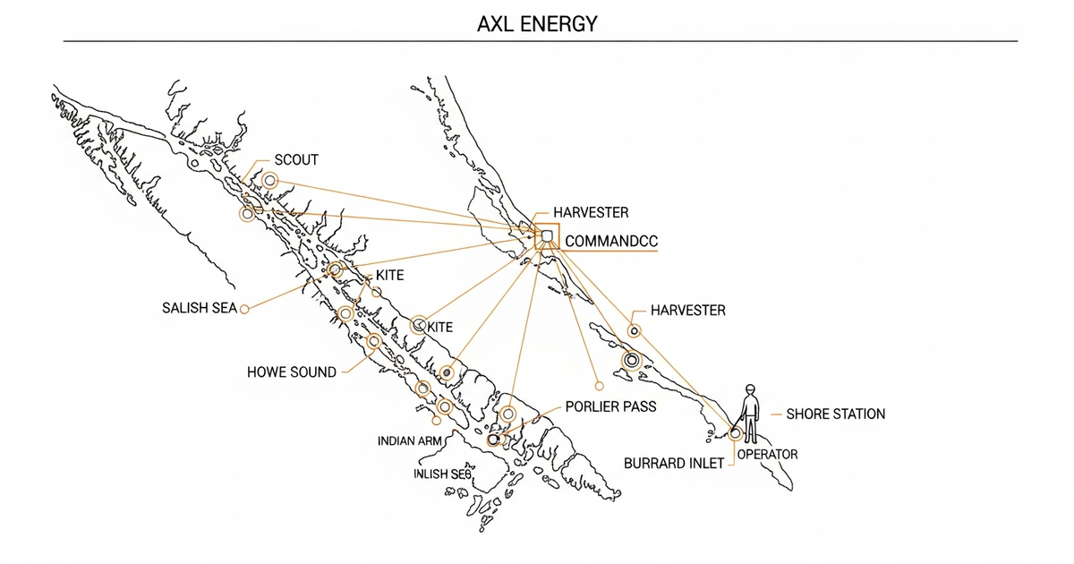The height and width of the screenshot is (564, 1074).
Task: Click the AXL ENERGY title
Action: (x=537, y=23)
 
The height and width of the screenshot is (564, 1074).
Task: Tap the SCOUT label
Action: (x=296, y=159)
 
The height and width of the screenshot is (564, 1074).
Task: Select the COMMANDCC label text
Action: (x=610, y=241)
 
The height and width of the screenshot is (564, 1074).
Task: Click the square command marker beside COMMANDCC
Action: (x=547, y=236)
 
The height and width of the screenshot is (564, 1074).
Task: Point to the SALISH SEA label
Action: (x=199, y=308)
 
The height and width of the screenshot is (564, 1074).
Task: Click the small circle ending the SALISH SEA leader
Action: (x=243, y=309)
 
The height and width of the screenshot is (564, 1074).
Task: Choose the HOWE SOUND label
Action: (x=292, y=372)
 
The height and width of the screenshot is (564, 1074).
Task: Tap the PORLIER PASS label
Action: (x=610, y=406)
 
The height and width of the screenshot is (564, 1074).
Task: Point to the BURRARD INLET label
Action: (x=673, y=464)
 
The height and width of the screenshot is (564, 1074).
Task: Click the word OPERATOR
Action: (x=767, y=455)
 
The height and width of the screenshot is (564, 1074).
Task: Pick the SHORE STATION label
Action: (x=835, y=414)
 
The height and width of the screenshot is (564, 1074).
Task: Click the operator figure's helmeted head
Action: (x=750, y=389)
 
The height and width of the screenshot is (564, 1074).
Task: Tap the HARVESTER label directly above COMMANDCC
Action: (x=591, y=213)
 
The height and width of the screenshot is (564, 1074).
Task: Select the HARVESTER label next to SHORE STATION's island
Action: (x=687, y=311)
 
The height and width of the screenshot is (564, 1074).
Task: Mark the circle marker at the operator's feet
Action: (x=736, y=432)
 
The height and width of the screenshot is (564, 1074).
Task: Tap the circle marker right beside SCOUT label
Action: (x=268, y=181)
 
